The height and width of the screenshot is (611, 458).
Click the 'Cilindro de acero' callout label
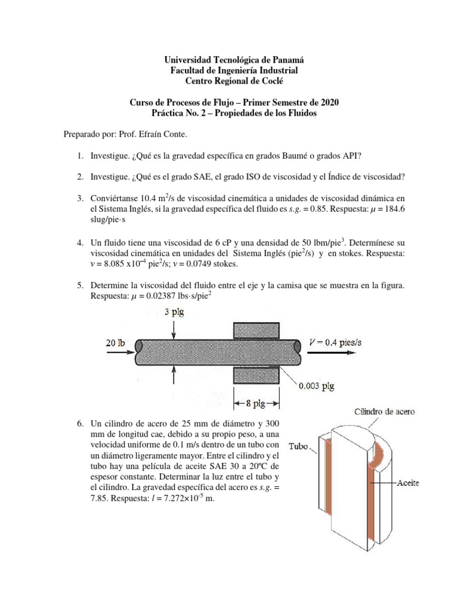pos(385,411)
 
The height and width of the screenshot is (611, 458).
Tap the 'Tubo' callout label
pos(299,446)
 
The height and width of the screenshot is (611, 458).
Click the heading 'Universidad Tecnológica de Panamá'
pos(233,60)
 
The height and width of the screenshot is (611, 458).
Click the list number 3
pos(79,198)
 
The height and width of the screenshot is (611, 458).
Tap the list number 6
pos(79,423)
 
